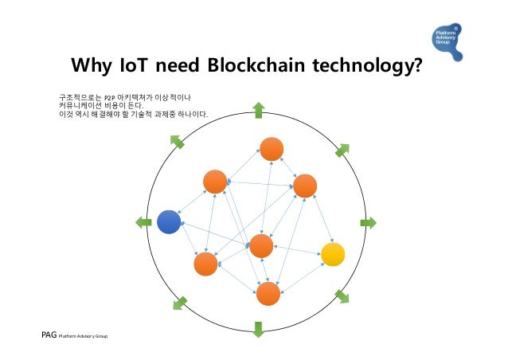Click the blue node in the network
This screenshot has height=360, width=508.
[x=169, y=221]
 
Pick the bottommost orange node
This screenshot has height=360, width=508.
[x=268, y=294]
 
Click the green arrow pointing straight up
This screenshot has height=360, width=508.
[x=259, y=110]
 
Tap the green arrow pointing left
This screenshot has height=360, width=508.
[x=143, y=221]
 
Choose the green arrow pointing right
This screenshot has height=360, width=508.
[x=368, y=222]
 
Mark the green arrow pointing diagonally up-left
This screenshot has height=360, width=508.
[x=177, y=141]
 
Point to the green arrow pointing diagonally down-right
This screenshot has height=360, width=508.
[x=342, y=297]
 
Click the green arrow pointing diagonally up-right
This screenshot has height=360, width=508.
[x=342, y=150]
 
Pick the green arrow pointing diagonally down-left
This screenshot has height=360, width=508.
[x=180, y=303]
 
